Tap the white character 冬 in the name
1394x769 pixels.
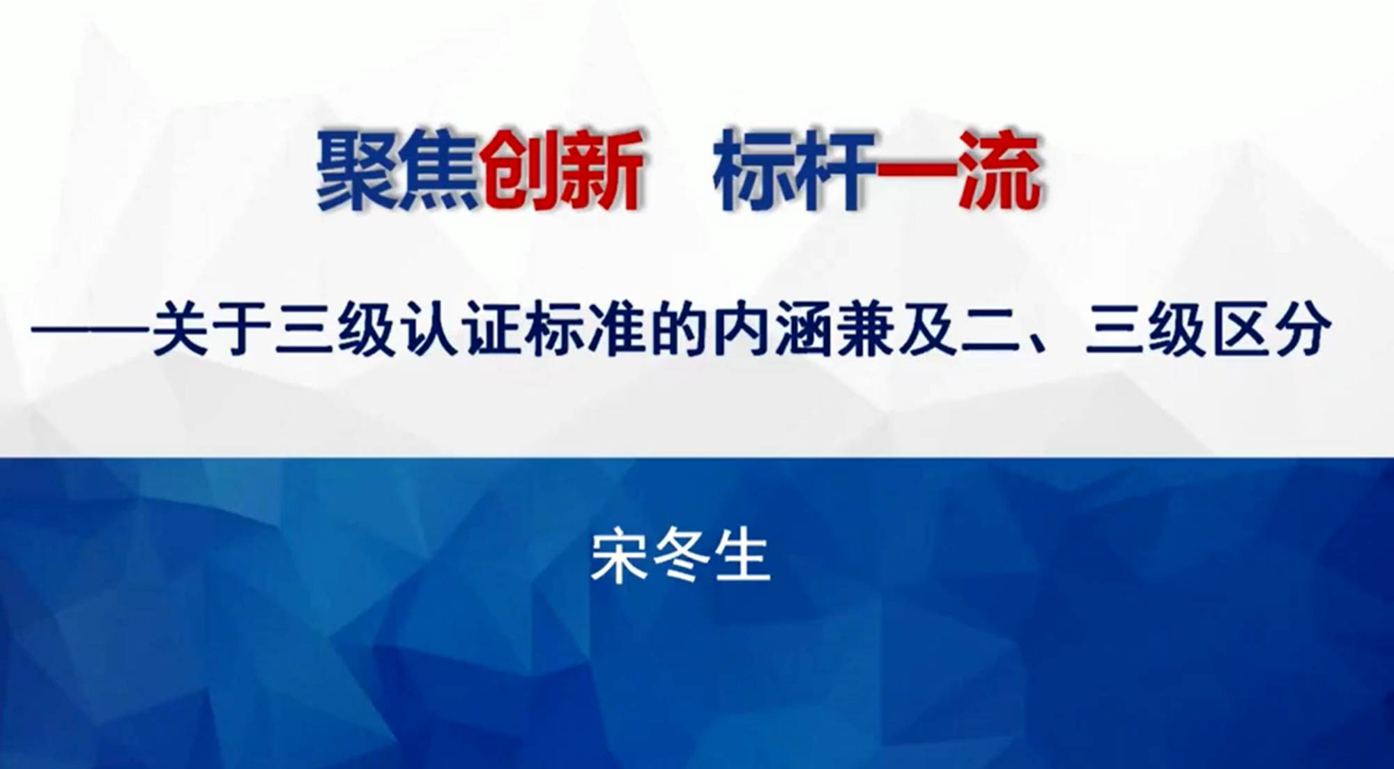pos(680,557)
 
